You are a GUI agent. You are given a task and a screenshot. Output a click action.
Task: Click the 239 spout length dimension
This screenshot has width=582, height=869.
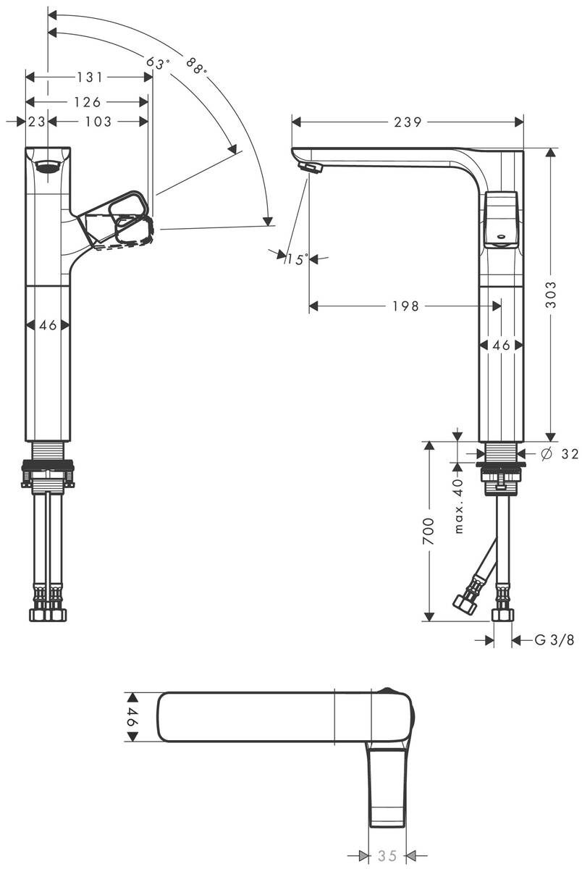pyautogui.click(x=408, y=122)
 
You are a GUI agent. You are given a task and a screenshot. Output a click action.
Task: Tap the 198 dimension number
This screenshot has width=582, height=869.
pyautogui.click(x=405, y=306)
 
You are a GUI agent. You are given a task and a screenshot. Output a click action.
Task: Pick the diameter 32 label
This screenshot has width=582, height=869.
pyautogui.click(x=560, y=453)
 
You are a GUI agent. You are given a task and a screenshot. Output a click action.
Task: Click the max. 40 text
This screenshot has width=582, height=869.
pyautogui.click(x=458, y=506)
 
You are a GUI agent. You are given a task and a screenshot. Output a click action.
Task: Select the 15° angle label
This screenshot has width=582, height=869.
pyautogui.click(x=296, y=259)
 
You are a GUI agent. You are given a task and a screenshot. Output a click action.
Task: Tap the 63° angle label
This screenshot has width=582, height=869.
pyautogui.click(x=157, y=64)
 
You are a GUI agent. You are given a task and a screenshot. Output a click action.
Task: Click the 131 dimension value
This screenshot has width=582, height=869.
pyautogui.click(x=89, y=77)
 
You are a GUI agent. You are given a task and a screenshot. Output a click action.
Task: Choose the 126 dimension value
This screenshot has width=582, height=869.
pyautogui.click(x=87, y=102)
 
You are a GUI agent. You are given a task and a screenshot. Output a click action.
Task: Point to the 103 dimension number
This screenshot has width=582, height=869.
pyautogui.click(x=98, y=122)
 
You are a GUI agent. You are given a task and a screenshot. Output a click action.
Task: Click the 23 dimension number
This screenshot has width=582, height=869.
pyautogui.click(x=36, y=122)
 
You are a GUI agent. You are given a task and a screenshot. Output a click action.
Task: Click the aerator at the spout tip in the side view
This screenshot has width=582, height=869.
pyautogui.click(x=312, y=168)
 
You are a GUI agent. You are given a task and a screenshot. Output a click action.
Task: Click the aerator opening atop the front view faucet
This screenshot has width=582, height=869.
pyautogui.click(x=48, y=165)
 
